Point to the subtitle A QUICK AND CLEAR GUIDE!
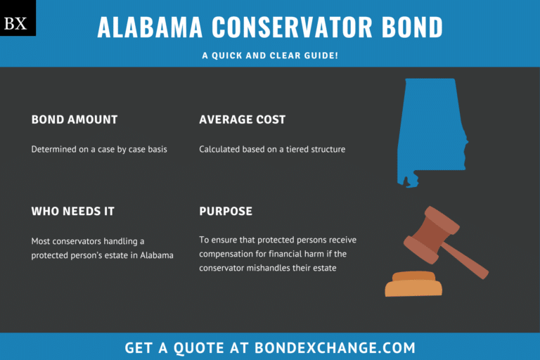[x=270, y=54]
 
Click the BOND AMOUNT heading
[x=75, y=120]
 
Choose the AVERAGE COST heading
[x=243, y=120]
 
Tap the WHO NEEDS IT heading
[x=72, y=211]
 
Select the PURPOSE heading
[x=226, y=211]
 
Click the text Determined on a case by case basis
[x=99, y=149]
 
